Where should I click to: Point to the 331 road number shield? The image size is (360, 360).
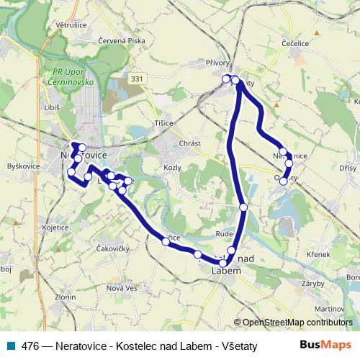coord(136,76)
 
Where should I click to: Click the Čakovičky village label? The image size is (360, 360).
coord(112,248)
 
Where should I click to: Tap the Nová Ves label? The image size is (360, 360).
coord(121,288)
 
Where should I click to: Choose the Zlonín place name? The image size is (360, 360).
coord(65,297)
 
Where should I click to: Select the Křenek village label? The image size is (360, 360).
coord(318,255)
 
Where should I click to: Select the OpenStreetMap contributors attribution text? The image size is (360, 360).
coord(295,322)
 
